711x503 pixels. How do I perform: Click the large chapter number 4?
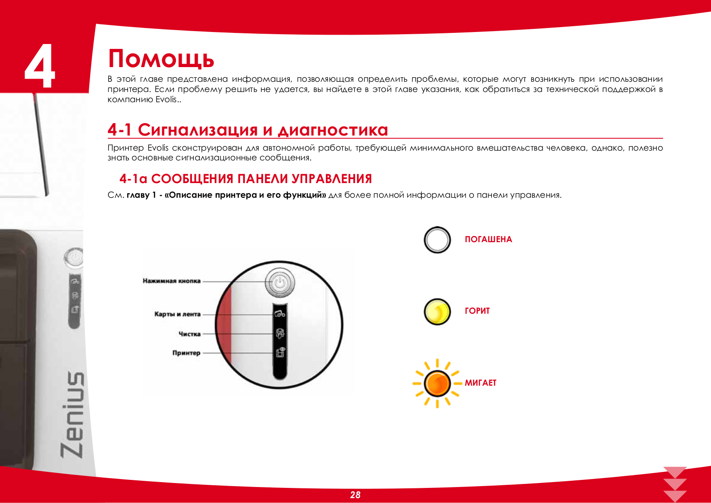pos(40,66)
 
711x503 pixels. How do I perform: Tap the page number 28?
pos(355,495)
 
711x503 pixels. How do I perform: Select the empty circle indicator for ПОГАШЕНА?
pos(437,240)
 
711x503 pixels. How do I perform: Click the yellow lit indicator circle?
pos(437,311)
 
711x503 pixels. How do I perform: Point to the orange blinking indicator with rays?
pos(437,383)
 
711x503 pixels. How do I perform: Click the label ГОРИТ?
pos(477,311)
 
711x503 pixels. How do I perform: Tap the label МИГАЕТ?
pos(480,383)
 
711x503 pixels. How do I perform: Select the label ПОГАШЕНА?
pos(488,240)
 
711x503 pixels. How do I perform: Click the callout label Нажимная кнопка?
pos(172,281)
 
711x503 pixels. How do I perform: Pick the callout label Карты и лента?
pos(177,314)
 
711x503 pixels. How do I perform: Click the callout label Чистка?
pos(189,334)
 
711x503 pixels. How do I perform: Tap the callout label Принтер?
pos(186,353)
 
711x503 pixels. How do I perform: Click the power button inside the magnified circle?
pos(280,283)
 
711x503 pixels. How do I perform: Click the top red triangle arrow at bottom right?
pos(675,471)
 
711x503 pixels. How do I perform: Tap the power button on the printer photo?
pos(74,258)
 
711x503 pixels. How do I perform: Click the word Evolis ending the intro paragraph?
pos(166,100)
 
